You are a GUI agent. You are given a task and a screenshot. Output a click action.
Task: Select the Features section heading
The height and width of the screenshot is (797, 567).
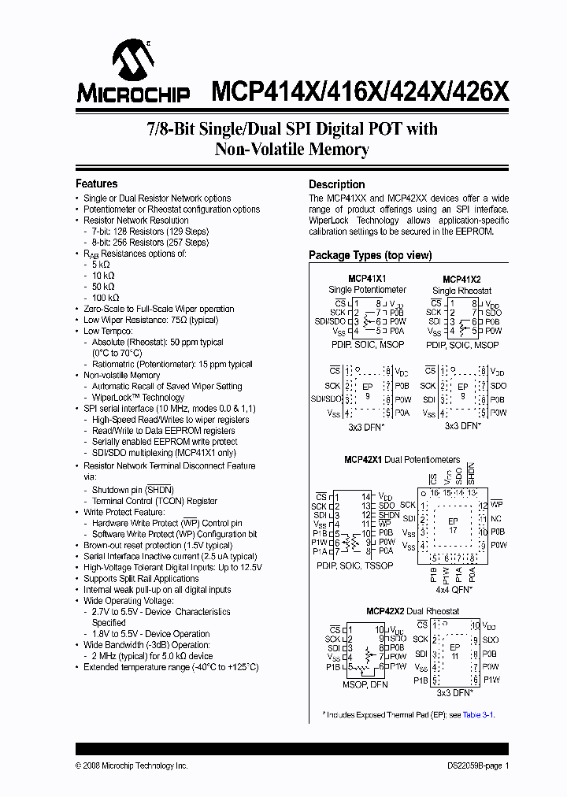point(97,183)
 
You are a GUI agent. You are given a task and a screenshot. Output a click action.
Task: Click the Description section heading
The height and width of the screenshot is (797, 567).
point(336,184)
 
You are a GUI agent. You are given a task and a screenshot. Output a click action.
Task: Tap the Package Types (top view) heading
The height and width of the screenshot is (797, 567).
point(370,255)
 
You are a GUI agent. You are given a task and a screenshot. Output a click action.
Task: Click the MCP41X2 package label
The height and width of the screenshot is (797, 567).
point(461,279)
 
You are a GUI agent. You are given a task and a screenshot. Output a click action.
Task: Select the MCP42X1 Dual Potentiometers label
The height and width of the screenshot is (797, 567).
point(402,459)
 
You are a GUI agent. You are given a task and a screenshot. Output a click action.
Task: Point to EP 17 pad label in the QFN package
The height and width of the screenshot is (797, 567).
point(452,526)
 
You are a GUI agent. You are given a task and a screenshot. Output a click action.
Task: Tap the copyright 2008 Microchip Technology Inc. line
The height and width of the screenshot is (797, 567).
point(132,765)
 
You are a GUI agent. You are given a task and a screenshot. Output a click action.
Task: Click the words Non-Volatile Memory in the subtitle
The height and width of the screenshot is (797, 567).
point(292,149)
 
